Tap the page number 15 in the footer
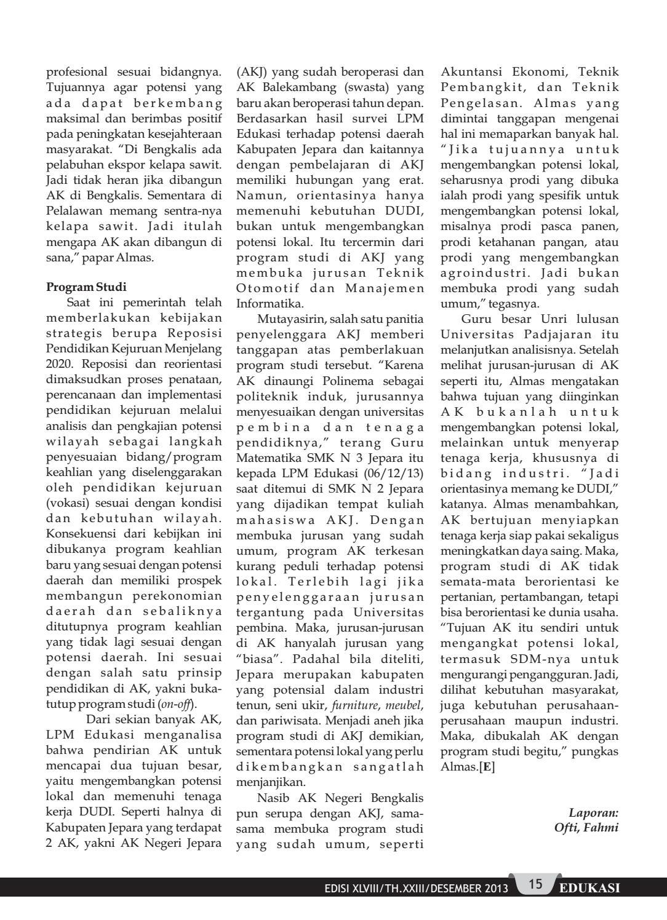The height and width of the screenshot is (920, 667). click(x=535, y=884)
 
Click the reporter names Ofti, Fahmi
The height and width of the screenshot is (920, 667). click(x=586, y=827)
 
